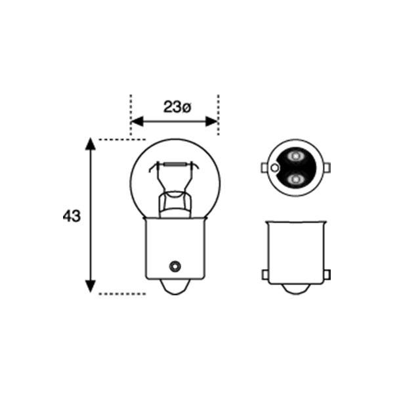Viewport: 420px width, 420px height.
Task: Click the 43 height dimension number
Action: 72,215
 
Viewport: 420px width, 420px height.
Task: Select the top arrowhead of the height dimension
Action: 91,144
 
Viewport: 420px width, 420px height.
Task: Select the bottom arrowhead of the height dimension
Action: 91,287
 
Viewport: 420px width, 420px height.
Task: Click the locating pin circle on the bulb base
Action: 175,266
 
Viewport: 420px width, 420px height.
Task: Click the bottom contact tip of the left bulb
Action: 175,289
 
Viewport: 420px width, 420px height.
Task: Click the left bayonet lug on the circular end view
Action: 264,168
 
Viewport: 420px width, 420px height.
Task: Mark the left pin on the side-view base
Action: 264,274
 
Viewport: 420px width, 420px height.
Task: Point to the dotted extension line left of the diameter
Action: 131,112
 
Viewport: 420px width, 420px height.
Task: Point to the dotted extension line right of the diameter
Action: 218,112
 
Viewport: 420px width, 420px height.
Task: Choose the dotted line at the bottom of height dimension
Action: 121,293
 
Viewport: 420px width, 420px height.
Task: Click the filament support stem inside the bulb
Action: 174,200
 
